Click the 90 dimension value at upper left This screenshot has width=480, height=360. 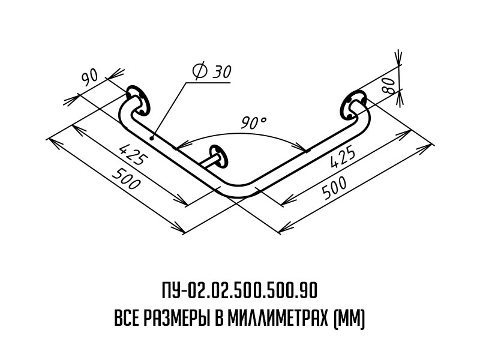(90, 77)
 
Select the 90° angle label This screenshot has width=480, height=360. (254, 124)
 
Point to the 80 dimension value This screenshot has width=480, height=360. (388, 85)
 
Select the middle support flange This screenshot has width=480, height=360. (219, 155)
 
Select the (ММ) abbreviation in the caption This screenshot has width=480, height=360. (349, 317)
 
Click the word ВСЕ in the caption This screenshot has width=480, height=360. (127, 317)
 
